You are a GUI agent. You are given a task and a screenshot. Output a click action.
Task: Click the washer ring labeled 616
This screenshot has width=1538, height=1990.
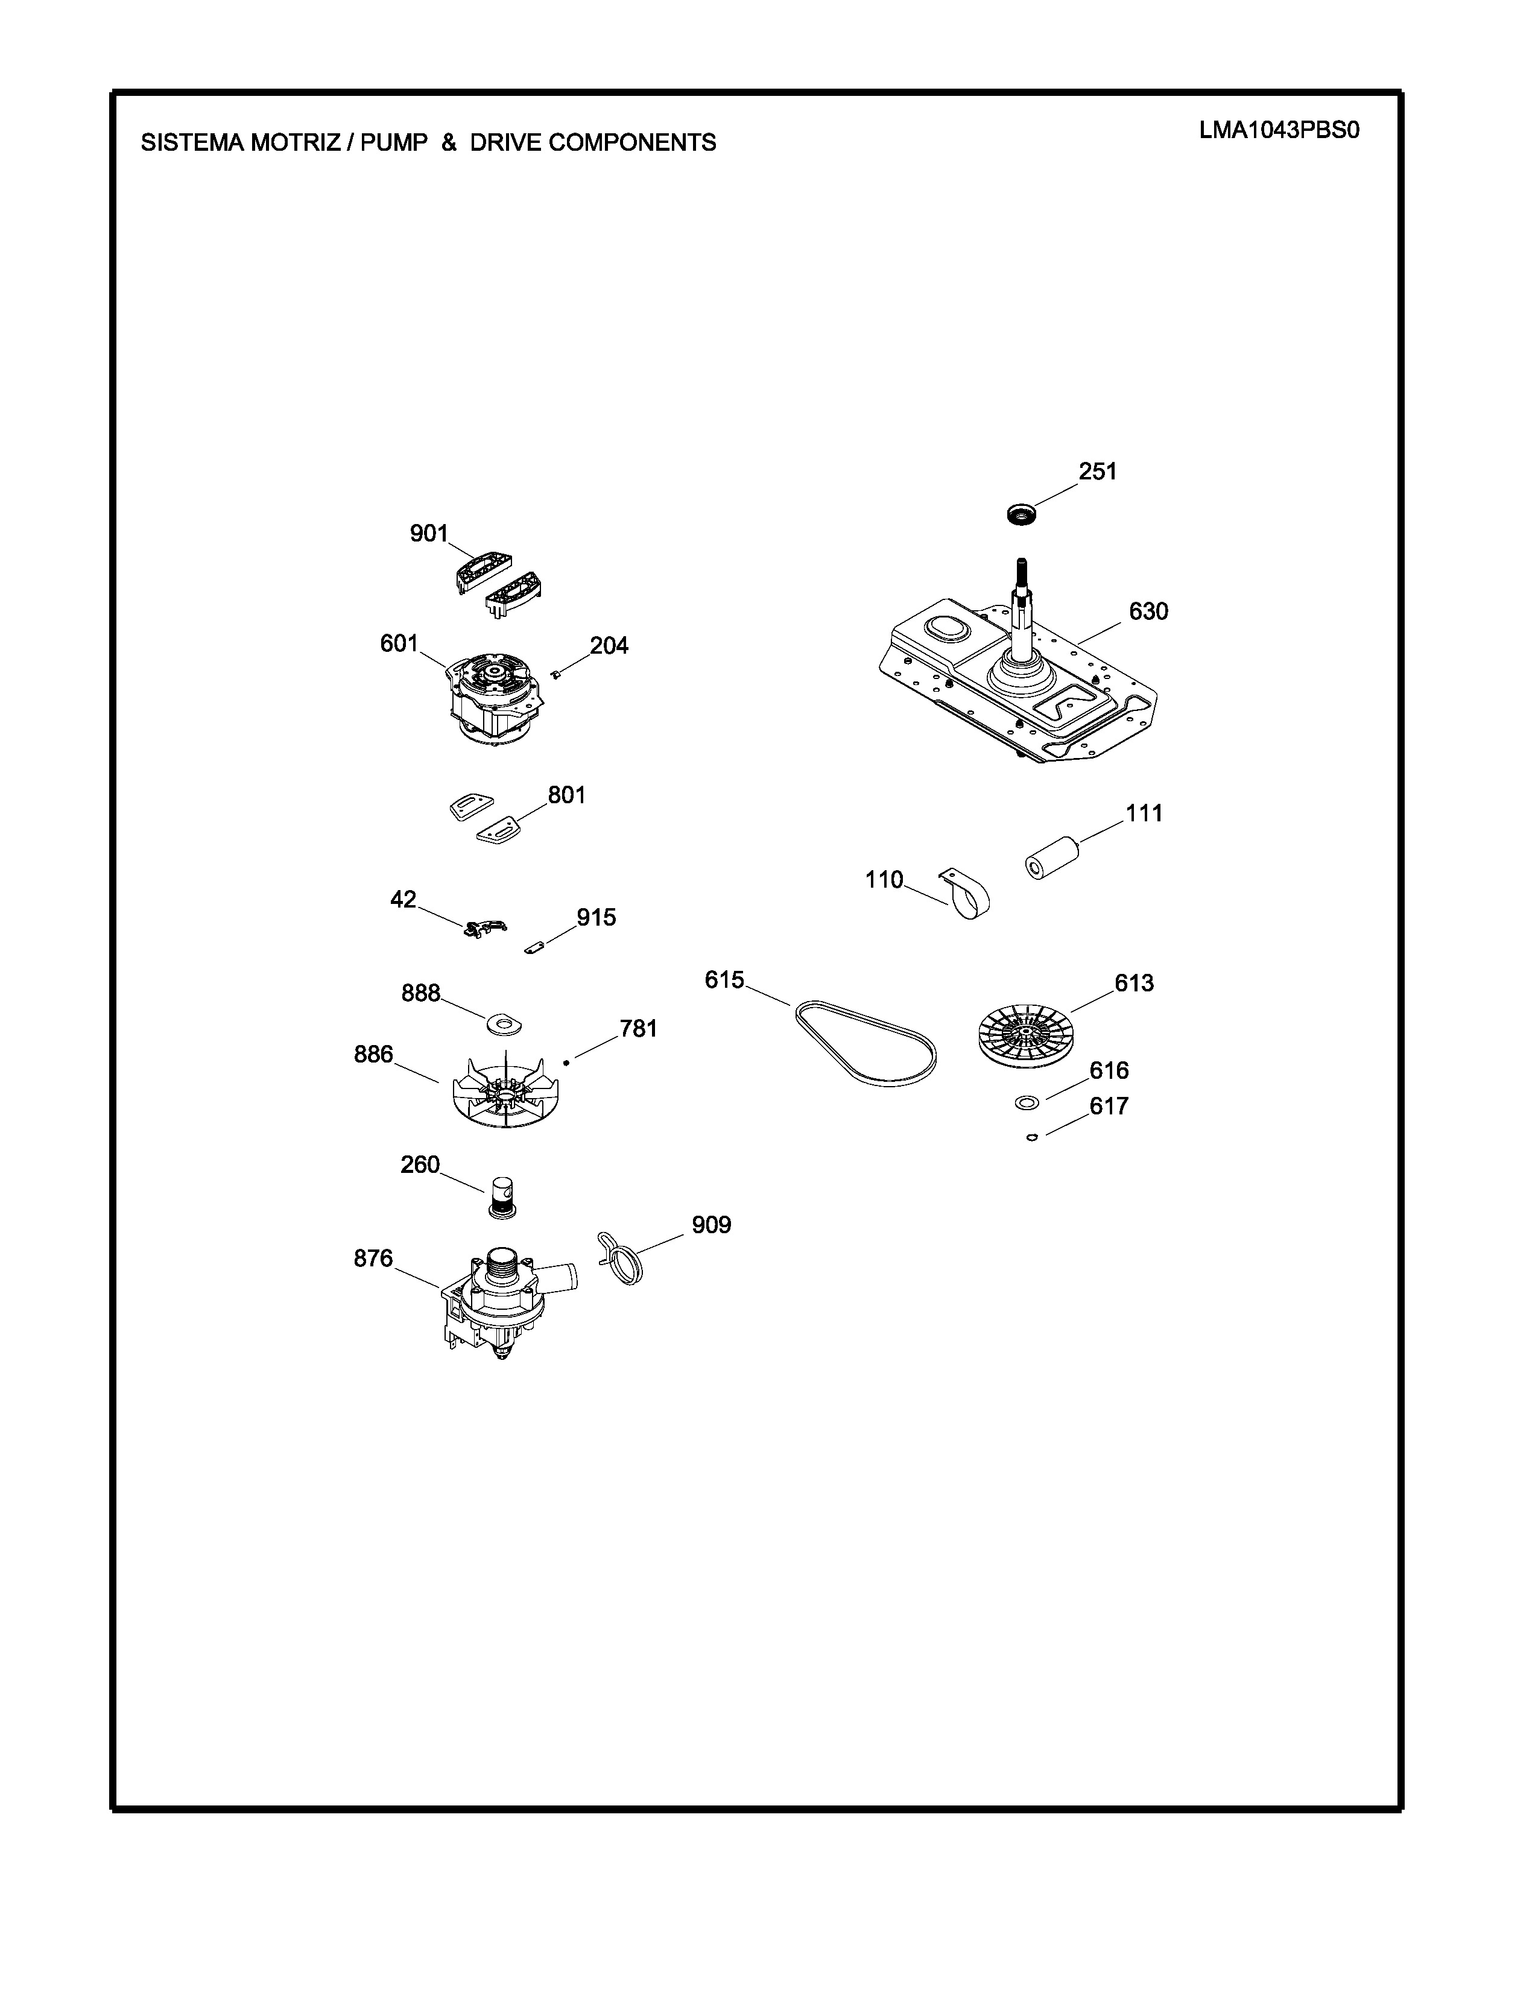click(x=1027, y=1104)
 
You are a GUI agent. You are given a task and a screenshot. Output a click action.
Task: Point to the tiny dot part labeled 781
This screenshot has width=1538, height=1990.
click(x=566, y=1061)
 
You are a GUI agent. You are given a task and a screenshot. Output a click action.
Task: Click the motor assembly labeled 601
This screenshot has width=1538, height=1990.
click(x=494, y=697)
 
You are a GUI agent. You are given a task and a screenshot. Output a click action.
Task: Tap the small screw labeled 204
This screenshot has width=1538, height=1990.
click(x=555, y=674)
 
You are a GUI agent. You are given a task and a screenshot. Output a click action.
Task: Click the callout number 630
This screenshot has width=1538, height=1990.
click(x=1148, y=611)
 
